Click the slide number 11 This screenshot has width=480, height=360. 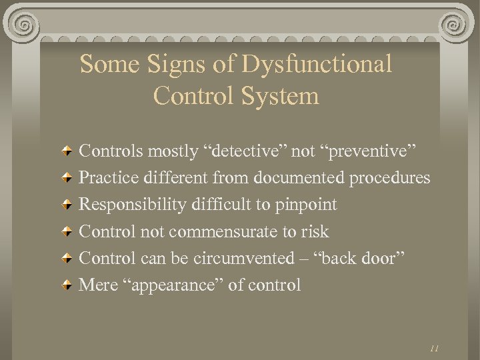point(434,347)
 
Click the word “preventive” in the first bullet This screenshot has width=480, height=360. point(370,151)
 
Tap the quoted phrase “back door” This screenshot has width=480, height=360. point(376,258)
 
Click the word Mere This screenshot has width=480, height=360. point(97,285)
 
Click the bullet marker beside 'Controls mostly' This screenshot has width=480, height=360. point(67,152)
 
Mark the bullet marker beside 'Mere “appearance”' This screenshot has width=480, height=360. point(67,285)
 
